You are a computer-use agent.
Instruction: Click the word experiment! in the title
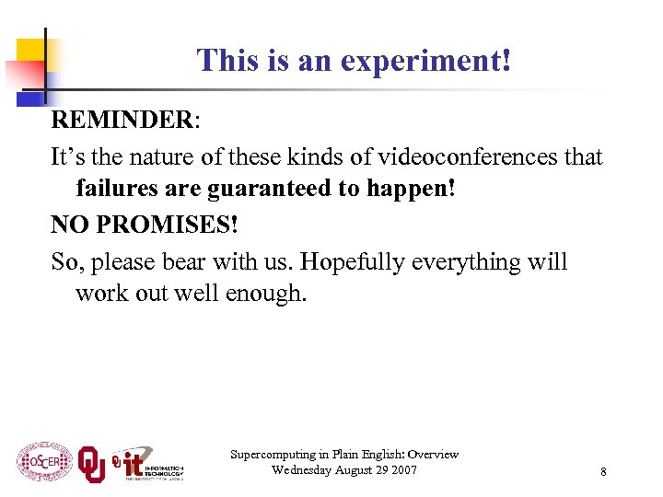(425, 62)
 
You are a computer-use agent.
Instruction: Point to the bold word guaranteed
(276, 191)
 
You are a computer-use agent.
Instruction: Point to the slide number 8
(603, 472)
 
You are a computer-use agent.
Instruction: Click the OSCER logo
(43, 462)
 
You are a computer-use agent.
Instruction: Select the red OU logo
(91, 462)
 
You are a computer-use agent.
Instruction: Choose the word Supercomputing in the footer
(274, 455)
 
